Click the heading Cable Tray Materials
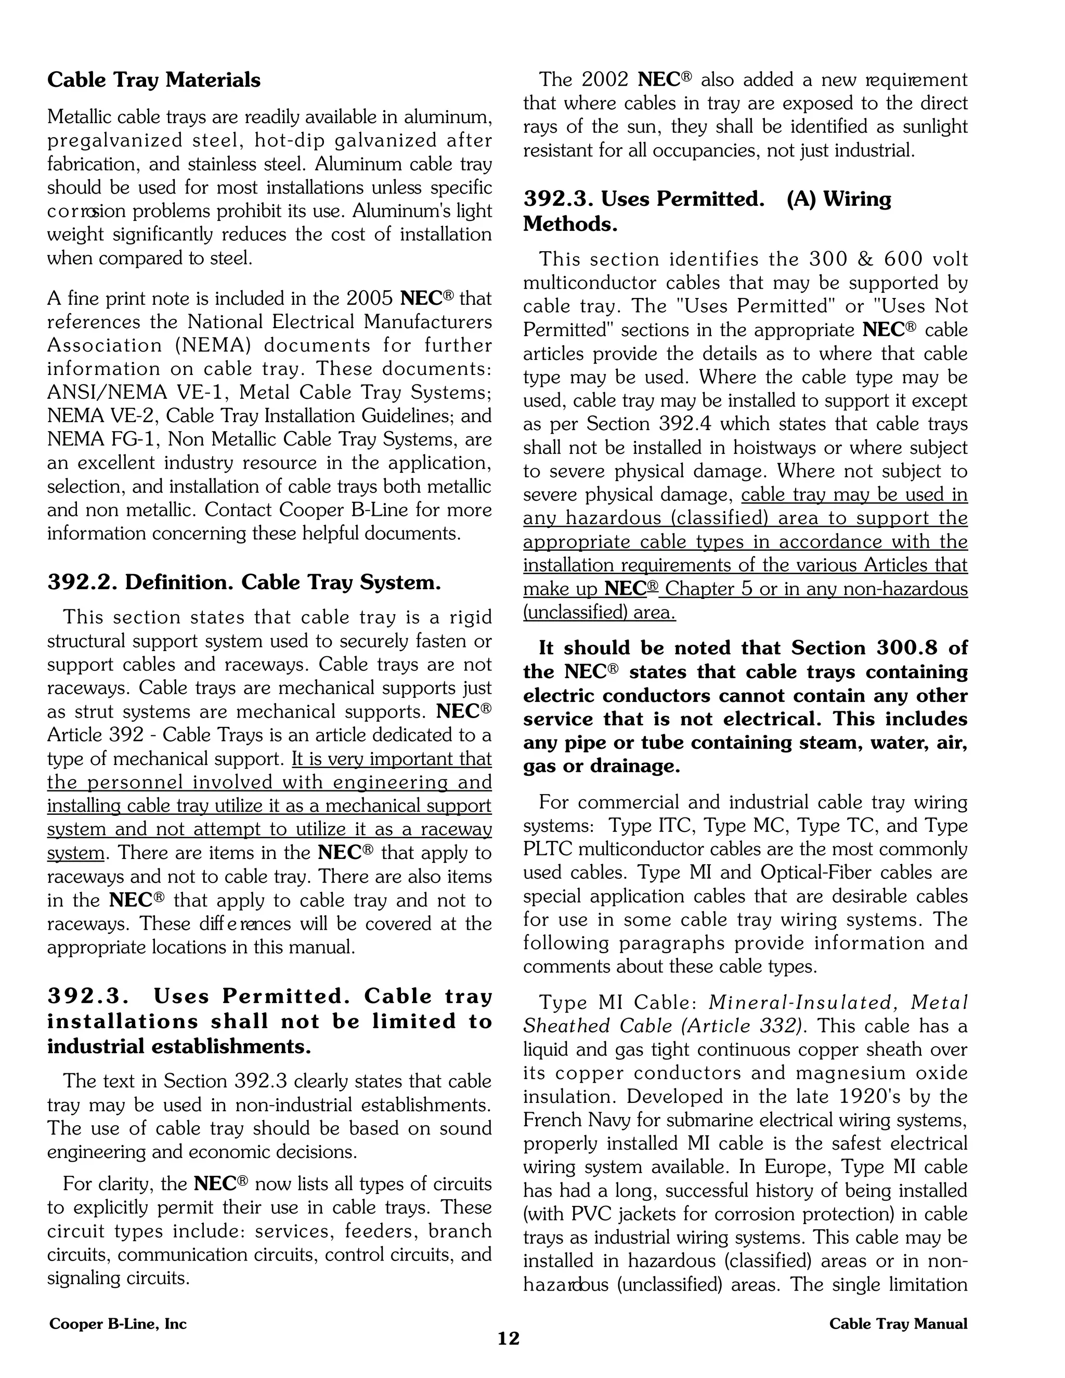[153, 80]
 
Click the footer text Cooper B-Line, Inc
[118, 1324]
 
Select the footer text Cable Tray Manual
[898, 1324]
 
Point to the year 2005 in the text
[370, 298]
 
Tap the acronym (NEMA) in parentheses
[208, 346]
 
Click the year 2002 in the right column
[604, 80]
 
